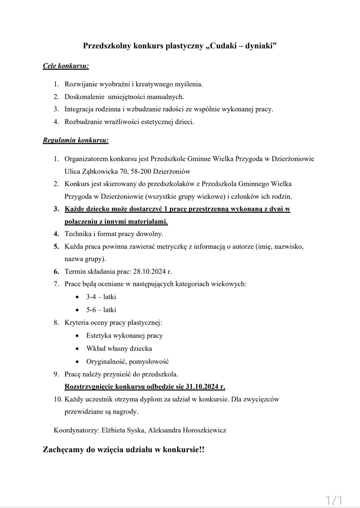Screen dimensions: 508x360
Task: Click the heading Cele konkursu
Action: (66, 66)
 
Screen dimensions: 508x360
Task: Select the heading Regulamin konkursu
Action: (76, 140)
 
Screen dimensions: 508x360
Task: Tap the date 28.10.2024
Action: (149, 272)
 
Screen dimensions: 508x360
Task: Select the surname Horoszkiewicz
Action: (204, 430)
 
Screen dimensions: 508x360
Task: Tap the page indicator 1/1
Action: (334, 500)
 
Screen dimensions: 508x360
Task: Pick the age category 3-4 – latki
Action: (101, 297)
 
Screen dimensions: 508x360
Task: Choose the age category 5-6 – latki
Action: (101, 310)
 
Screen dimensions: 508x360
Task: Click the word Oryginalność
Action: (106, 362)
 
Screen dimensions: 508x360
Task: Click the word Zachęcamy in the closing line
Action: (63, 450)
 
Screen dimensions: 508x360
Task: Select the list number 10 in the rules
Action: (58, 399)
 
